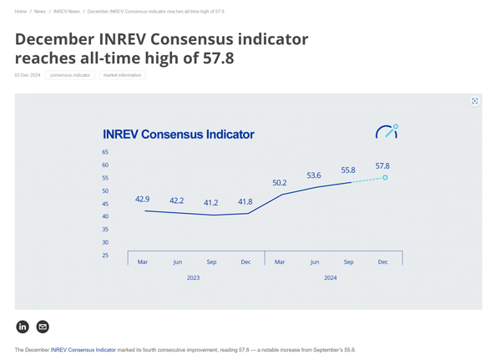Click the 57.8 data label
[x=382, y=165]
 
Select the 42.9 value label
[x=142, y=199]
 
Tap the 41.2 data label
[x=211, y=203]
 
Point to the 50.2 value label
[x=280, y=182]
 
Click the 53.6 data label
[x=314, y=175]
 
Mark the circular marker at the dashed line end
[x=385, y=177]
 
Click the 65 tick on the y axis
[x=105, y=152]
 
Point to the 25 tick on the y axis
[x=105, y=256]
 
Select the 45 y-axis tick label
[x=105, y=204]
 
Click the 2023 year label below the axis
[x=193, y=277]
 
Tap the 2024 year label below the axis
[x=330, y=277]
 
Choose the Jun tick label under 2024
[x=314, y=262]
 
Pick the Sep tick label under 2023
[x=211, y=262]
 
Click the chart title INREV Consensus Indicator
[x=178, y=134]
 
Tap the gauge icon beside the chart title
[x=387, y=132]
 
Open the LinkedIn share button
[x=23, y=327]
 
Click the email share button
[x=43, y=327]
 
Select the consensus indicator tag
[x=70, y=75]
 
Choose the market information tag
[x=122, y=75]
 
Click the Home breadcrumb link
[x=21, y=12]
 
